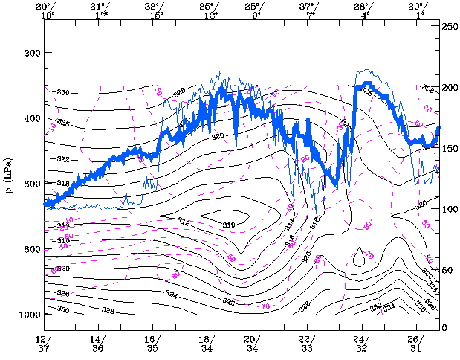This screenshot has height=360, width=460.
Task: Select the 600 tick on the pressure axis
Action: pyautogui.click(x=31, y=184)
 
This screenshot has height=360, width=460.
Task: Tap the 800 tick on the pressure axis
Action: pyautogui.click(x=31, y=249)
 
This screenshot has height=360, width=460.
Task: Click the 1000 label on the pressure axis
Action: pyautogui.click(x=29, y=315)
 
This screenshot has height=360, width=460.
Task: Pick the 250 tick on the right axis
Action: pyautogui.click(x=449, y=26)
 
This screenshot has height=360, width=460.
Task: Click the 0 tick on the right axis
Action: pyautogui.click(x=444, y=328)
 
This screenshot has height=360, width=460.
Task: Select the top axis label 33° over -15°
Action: pyautogui.click(x=153, y=10)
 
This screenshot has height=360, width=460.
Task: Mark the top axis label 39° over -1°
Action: pyautogui.click(x=416, y=10)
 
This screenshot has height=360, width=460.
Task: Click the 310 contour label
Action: pyautogui.click(x=228, y=225)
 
